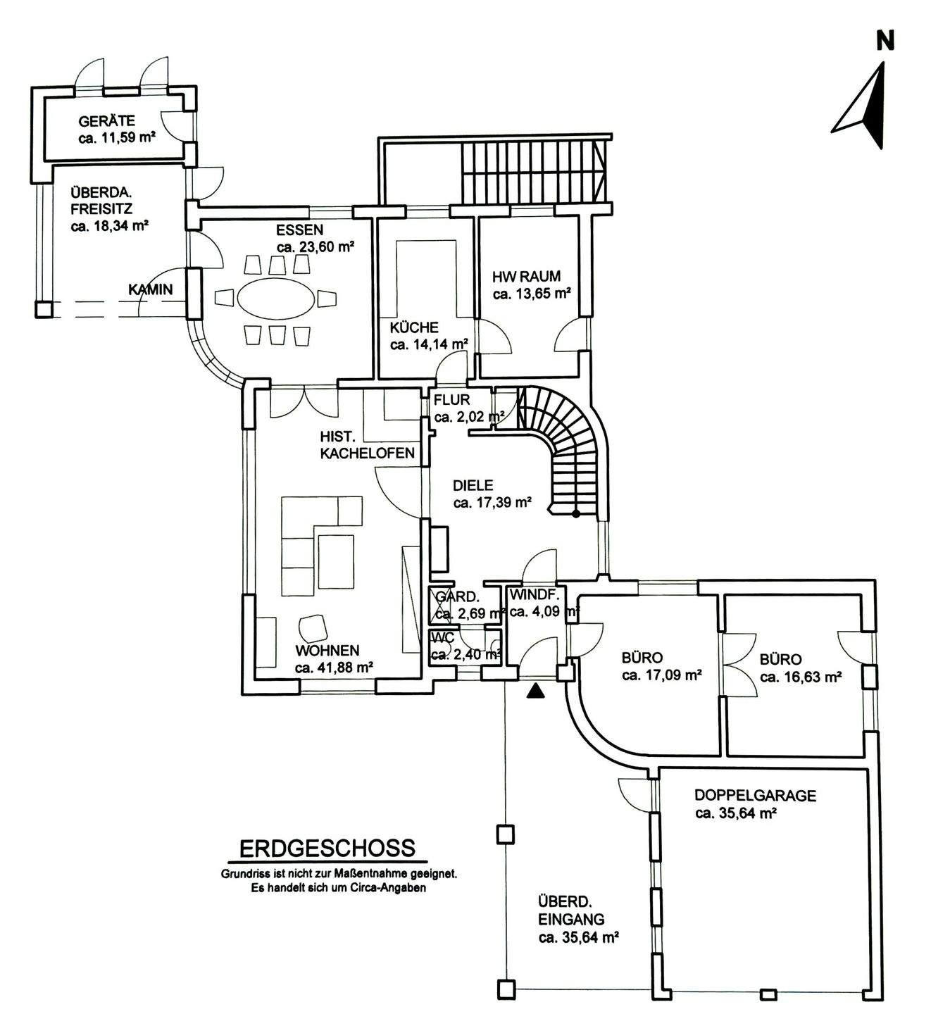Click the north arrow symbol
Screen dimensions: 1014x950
coord(863,106)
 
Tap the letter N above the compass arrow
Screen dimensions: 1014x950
coord(885,41)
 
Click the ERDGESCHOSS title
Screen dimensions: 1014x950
coord(327,848)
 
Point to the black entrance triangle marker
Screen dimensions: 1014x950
coord(537,691)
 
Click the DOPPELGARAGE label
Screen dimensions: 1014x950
coord(755,796)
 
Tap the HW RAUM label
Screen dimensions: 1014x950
coord(527,277)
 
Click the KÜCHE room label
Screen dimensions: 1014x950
coord(414,327)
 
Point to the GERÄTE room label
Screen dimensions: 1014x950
coord(107,121)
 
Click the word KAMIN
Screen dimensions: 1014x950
coord(150,289)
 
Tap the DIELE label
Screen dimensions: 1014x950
coord(473,485)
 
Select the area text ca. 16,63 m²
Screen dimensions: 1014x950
coord(801,677)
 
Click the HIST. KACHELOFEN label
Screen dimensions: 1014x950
coord(367,445)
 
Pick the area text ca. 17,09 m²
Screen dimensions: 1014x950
coord(662,676)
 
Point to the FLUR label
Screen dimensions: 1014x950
coord(451,400)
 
